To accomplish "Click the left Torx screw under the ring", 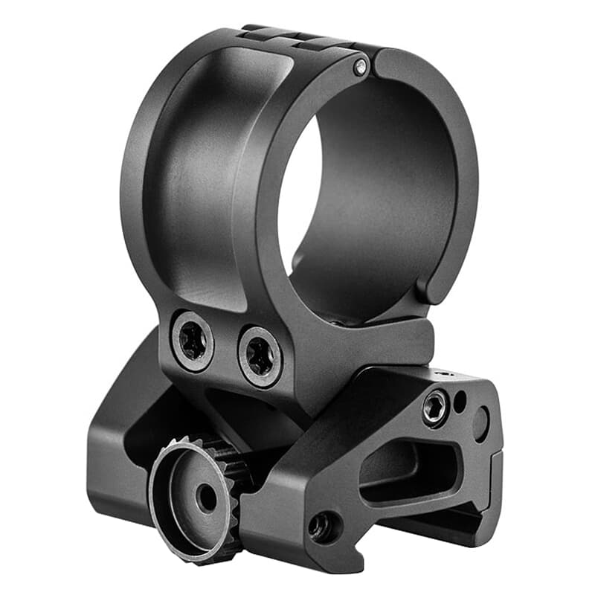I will (192, 341).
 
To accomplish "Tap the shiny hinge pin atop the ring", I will (361, 68).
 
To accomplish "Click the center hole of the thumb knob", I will (207, 498).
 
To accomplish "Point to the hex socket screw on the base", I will (434, 407).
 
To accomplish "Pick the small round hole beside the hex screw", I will (460, 401).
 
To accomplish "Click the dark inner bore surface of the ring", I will (387, 186).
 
